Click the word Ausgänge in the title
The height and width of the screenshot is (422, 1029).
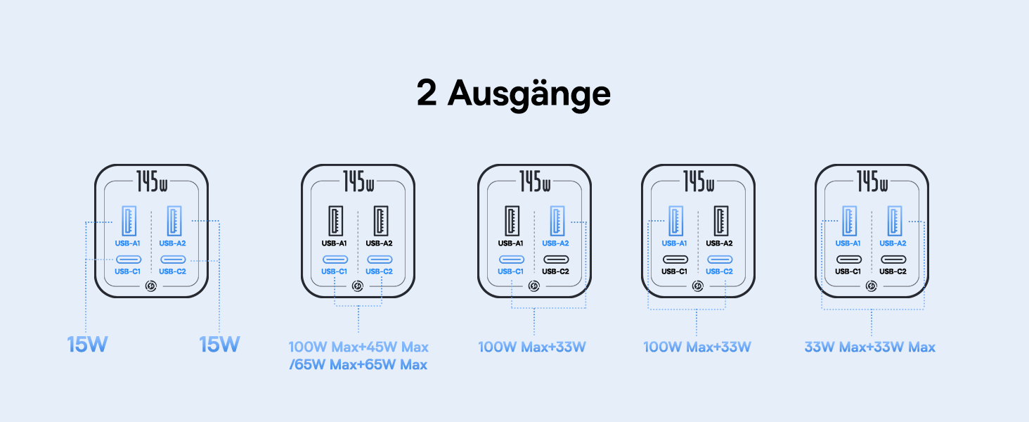click(529, 94)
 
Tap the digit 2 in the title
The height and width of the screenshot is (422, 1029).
click(427, 93)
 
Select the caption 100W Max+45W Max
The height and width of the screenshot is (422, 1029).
click(358, 347)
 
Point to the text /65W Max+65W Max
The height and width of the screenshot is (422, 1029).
click(358, 365)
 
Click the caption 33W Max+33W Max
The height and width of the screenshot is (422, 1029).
click(870, 347)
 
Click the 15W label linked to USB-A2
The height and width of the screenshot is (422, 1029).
click(219, 345)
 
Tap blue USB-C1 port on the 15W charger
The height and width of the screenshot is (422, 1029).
click(129, 260)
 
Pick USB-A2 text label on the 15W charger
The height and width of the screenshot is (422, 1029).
click(173, 243)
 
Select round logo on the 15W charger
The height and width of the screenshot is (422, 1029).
click(151, 286)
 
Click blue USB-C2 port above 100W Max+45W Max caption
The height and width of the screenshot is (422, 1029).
click(380, 260)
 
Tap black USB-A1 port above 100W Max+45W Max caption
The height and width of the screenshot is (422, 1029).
click(335, 220)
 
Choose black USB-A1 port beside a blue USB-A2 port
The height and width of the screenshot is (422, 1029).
click(511, 220)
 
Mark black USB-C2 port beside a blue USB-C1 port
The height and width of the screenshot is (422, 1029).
click(555, 260)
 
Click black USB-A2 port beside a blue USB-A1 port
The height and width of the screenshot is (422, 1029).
click(719, 220)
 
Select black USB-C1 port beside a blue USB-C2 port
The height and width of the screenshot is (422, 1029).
click(675, 260)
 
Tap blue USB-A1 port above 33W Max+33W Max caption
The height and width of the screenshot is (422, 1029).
click(848, 220)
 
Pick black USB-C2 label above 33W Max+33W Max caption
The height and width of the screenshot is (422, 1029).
click(893, 271)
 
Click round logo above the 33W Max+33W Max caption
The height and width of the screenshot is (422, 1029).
click(871, 286)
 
